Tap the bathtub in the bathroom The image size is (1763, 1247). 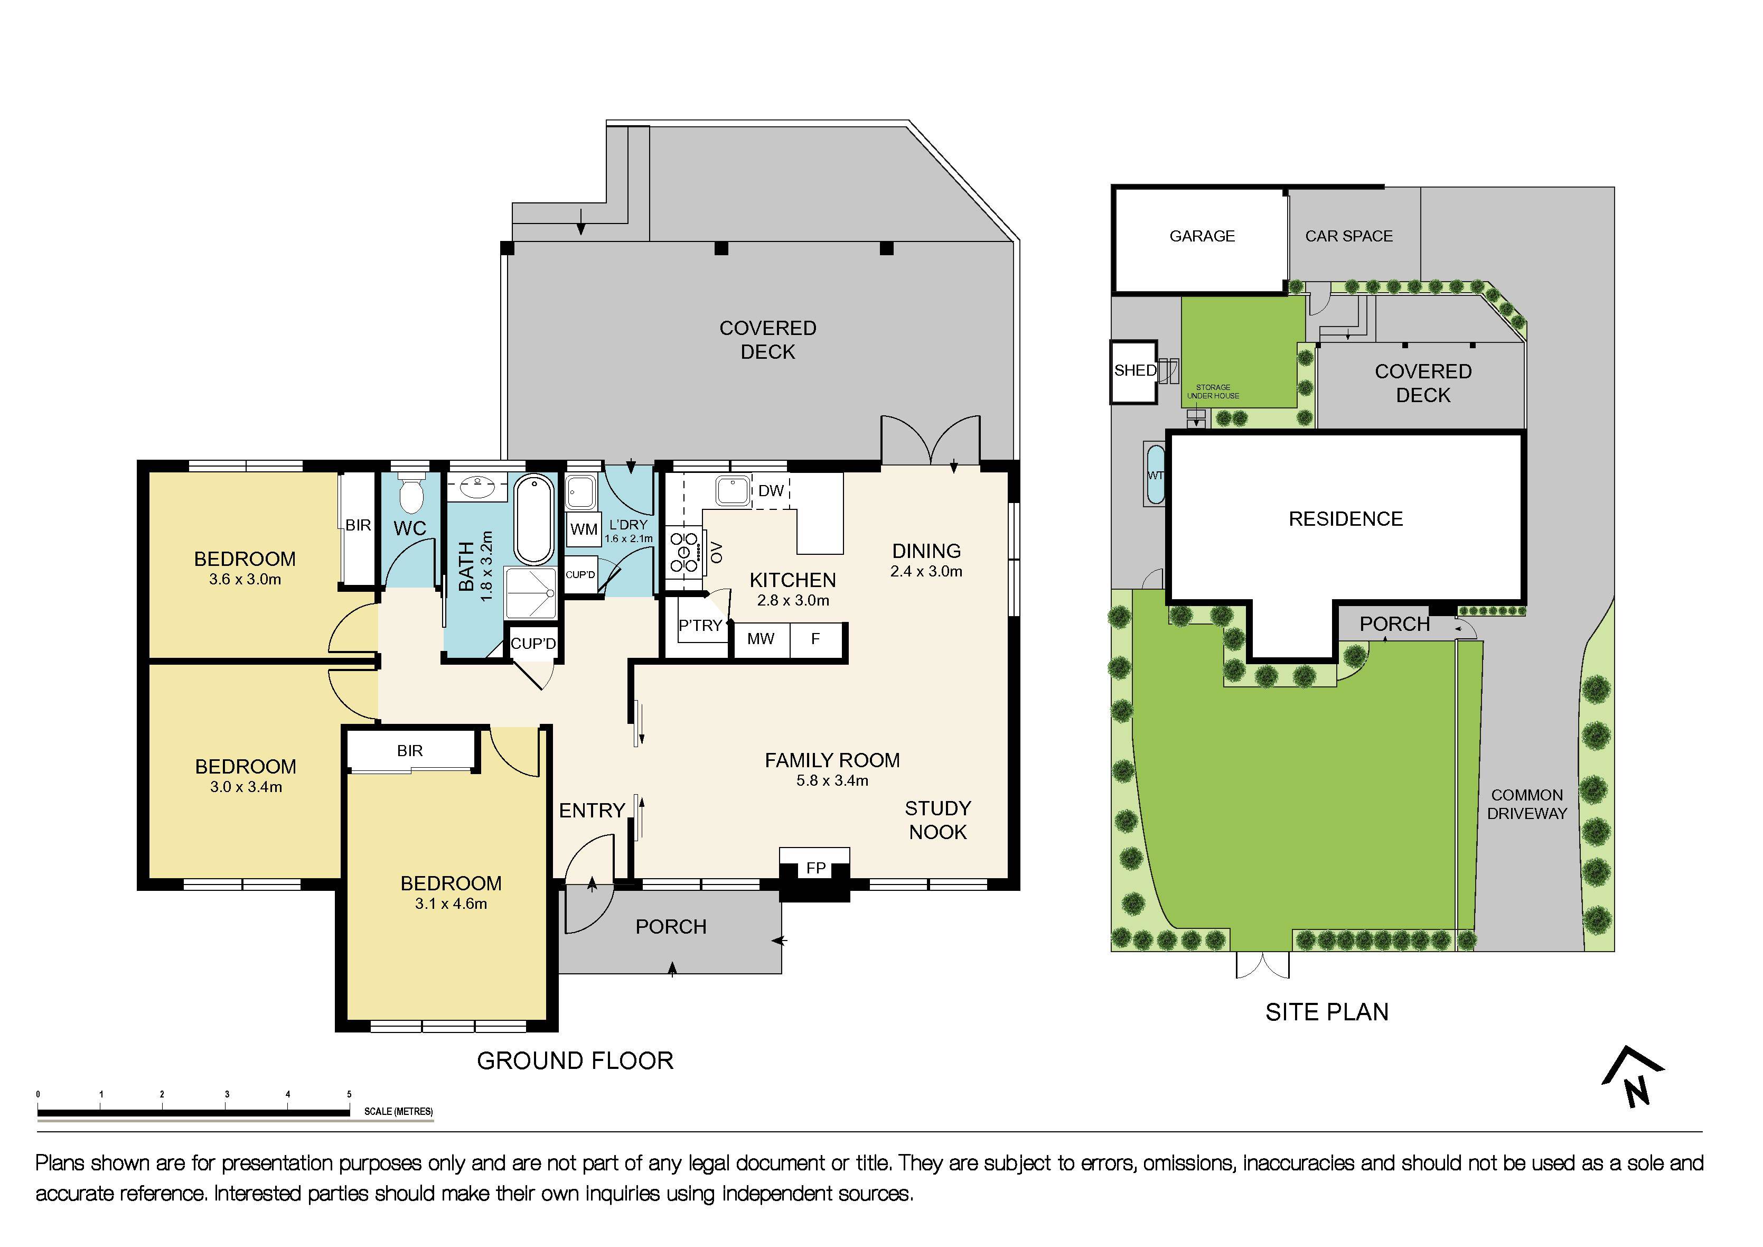[533, 519]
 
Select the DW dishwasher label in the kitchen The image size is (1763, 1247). [771, 491]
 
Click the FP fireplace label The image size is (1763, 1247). [815, 868]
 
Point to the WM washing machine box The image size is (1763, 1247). [584, 529]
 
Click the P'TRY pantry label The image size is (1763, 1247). [699, 626]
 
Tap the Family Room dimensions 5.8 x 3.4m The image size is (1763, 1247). [832, 780]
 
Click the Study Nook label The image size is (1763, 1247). [937, 820]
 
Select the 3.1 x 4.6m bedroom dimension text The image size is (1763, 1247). [451, 904]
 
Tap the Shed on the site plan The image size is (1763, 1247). [1134, 371]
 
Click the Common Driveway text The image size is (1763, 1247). [1526, 804]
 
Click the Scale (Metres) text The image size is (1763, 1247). [398, 1112]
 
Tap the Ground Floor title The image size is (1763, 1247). [574, 1061]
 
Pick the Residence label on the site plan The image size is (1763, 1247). [1345, 519]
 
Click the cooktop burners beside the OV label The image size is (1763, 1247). [683, 552]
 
